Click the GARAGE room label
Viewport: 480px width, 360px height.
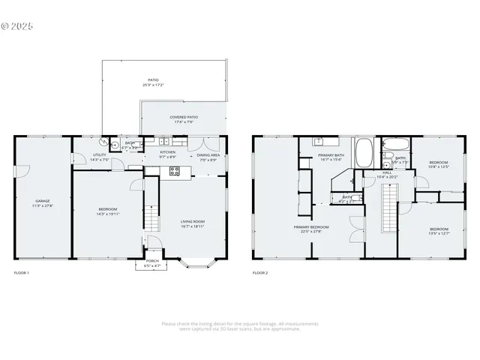coord(42,201)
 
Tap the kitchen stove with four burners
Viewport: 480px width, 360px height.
coord(174,171)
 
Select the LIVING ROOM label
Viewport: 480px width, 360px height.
coord(192,221)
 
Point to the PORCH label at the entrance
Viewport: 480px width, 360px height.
coord(152,260)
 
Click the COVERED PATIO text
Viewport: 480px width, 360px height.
coord(184,117)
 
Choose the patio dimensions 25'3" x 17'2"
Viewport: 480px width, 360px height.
coord(153,85)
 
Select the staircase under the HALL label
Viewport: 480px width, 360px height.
coord(388,208)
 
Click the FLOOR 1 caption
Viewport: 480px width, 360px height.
coord(22,273)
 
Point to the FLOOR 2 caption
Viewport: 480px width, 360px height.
coord(260,273)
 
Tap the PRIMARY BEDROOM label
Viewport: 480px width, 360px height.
coord(310,226)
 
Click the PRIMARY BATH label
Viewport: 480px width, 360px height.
coord(330,154)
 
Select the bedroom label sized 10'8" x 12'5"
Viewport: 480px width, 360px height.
coord(439,163)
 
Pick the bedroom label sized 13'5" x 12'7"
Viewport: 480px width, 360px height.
coord(439,229)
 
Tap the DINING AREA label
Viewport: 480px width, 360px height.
coord(208,155)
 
